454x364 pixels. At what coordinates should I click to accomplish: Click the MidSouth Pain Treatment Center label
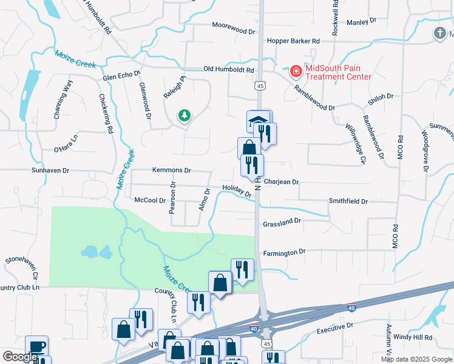tap(338, 72)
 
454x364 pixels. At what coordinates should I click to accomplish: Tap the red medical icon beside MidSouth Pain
tap(296, 72)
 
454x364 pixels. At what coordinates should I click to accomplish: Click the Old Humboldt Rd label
tap(228, 69)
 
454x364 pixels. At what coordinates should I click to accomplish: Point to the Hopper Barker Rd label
tap(293, 41)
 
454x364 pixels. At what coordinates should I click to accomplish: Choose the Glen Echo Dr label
tap(121, 77)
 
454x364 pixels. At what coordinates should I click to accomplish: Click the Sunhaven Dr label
tap(52, 171)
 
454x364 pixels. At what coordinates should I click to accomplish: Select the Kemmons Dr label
tap(172, 171)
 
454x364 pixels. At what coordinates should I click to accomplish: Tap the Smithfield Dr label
tap(348, 201)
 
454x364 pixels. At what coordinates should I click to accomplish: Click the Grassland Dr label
tap(282, 223)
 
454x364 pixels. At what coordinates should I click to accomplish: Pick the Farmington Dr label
tap(284, 252)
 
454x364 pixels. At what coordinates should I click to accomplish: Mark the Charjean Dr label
tap(282, 181)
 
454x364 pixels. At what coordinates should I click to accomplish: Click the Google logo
tap(19, 357)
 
